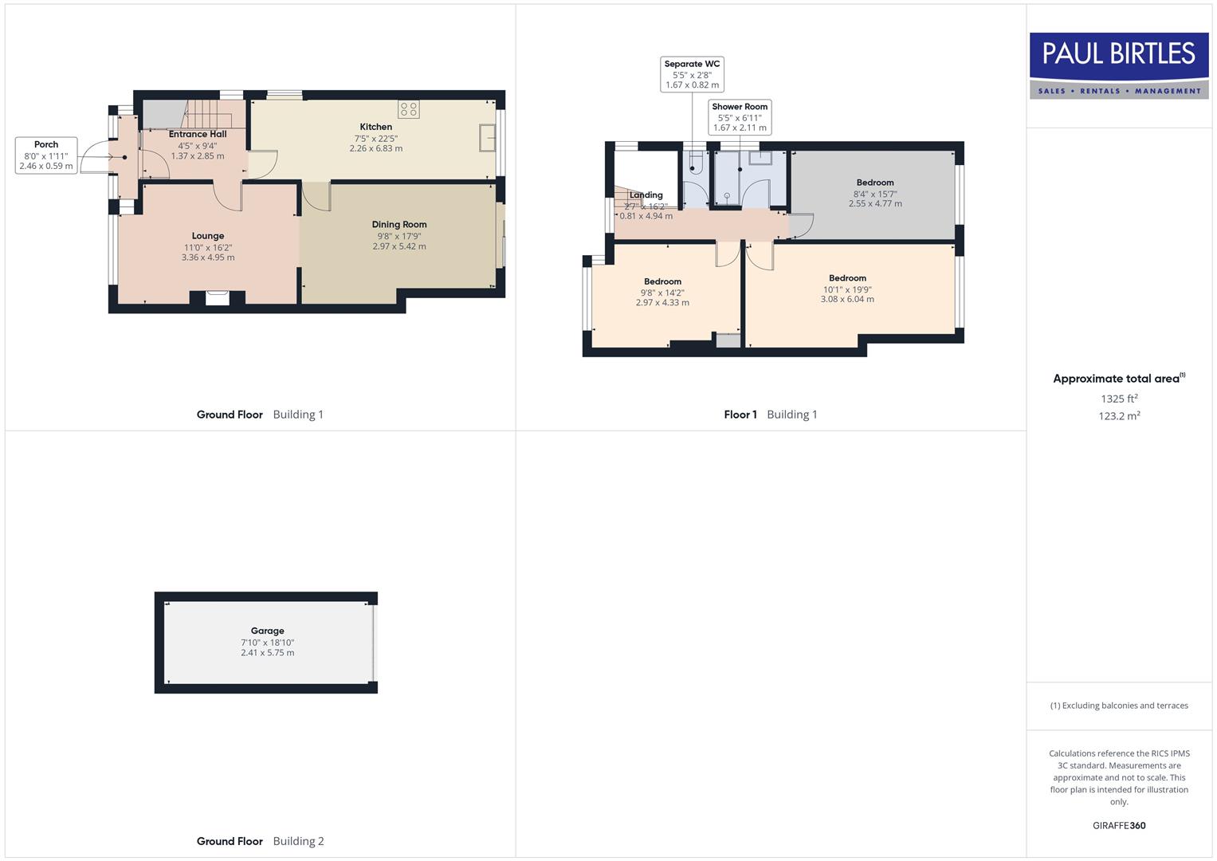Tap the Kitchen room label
[375, 127]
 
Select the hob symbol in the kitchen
[409, 109]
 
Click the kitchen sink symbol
[486, 138]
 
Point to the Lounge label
[208, 236]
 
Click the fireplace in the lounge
[217, 298]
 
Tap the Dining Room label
[399, 225]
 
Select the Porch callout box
[46, 155]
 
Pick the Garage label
[268, 631]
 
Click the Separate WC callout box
[692, 74]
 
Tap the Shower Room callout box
[740, 116]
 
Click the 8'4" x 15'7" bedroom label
[875, 193]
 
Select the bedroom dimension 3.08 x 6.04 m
[847, 300]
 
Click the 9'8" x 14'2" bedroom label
[662, 292]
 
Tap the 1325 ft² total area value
[1119, 399]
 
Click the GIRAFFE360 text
[1119, 826]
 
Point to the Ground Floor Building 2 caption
[261, 841]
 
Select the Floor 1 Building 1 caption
[771, 415]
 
